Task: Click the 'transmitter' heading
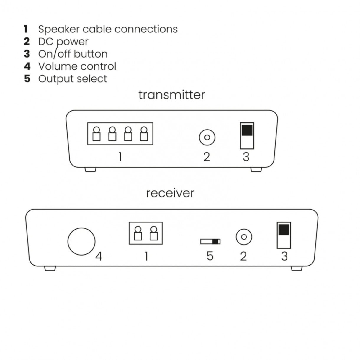[171, 95]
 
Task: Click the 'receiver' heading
[170, 193]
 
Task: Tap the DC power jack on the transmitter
[207, 138]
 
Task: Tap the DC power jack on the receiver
[244, 237]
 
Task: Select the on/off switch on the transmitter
[247, 136]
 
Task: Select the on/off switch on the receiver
[284, 235]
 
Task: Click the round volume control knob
[81, 241]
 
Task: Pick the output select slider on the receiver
[210, 241]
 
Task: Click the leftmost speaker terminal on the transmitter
[96, 134]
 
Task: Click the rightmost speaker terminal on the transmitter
[144, 134]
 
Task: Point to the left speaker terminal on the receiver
[138, 233]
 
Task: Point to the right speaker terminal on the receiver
[153, 233]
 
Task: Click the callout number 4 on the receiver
[99, 256]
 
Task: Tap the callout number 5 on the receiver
[210, 256]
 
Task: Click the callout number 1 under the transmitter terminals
[120, 157]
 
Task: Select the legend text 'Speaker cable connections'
[108, 29]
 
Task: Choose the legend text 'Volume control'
[77, 66]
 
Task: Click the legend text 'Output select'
[73, 79]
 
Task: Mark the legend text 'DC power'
[63, 42]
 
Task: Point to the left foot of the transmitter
[90, 170]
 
